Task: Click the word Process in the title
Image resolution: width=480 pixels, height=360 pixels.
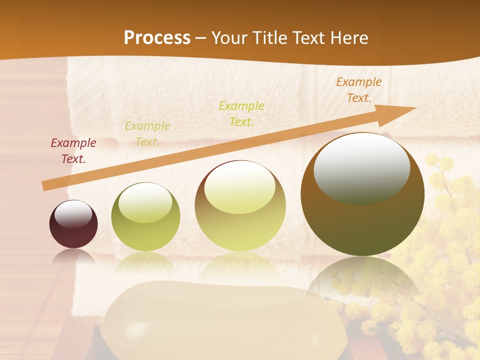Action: click(157, 37)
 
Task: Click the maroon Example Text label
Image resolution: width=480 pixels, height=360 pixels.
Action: click(73, 151)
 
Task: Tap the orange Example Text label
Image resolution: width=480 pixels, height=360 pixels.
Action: click(359, 90)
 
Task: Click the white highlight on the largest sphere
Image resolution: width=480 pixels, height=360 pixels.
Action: click(361, 168)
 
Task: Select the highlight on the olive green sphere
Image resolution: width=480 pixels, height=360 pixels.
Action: click(145, 202)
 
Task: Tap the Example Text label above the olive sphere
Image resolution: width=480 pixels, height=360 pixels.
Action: click(147, 134)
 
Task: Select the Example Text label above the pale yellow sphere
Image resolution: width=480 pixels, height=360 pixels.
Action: click(241, 114)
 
